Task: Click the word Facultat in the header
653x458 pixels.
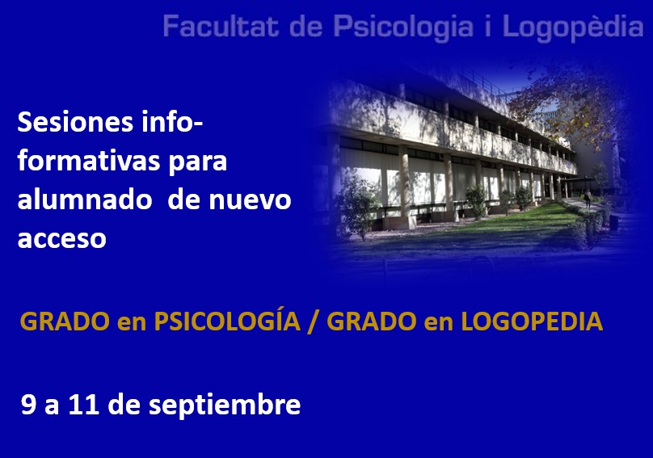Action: pos(221,26)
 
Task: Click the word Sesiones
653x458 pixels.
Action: pos(75,123)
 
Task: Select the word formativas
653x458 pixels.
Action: pos(87,161)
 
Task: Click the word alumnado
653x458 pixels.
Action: pos(85,199)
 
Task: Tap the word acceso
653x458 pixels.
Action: pos(61,239)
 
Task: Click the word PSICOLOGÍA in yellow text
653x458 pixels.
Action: pos(227,321)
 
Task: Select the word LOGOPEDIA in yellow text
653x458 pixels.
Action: pos(532,321)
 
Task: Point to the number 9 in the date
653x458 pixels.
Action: pos(29,404)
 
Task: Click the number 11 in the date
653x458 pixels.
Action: pos(83,404)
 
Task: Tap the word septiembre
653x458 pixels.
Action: pos(225,405)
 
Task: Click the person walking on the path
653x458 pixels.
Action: pos(588,198)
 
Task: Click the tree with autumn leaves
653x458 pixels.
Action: pos(575,108)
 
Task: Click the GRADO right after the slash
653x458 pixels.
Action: pos(372,321)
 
